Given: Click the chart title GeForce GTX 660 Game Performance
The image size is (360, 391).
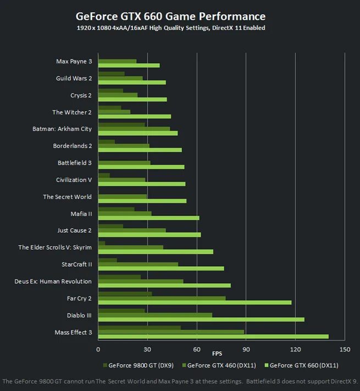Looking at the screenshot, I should [170, 16].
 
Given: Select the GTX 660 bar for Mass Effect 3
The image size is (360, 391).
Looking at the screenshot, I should [213, 337].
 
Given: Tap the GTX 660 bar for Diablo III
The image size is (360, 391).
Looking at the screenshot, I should [201, 320].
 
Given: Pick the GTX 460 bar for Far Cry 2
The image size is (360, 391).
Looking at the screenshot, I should [162, 298].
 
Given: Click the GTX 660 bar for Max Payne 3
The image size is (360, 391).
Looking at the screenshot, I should [129, 65].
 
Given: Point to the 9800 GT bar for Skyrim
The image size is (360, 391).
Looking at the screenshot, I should [102, 243].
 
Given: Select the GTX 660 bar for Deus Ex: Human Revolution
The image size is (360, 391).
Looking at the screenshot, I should [164, 285].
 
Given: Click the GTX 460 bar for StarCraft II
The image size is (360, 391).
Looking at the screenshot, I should [138, 264].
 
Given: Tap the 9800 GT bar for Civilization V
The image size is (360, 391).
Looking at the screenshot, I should [104, 175].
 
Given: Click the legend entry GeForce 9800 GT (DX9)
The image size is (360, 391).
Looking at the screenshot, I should [138, 365].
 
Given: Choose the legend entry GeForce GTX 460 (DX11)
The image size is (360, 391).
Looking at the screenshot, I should [219, 365].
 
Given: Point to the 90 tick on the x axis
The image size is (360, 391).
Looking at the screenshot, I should [246, 349].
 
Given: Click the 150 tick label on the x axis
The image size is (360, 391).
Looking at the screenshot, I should [345, 349].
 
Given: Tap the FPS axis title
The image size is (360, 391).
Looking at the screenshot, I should [218, 354].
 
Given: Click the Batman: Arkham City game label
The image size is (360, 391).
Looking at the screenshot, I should [62, 129].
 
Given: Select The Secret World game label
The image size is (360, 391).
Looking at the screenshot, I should [67, 197].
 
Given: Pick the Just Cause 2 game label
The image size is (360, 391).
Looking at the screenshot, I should [74, 230].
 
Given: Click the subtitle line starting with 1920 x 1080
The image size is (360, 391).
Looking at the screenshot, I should [170, 28].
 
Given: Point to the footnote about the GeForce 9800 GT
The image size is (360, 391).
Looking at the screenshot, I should [180, 381].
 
